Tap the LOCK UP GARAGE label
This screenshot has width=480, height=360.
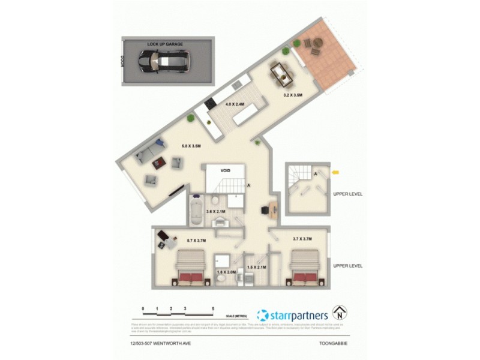click(x=165, y=44)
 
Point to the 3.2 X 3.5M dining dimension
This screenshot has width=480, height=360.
click(x=293, y=95)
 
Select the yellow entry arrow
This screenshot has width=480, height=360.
click(x=335, y=173)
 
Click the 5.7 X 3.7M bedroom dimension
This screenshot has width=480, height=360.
click(x=196, y=241)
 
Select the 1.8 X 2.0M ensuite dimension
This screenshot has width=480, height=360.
click(x=227, y=272)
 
